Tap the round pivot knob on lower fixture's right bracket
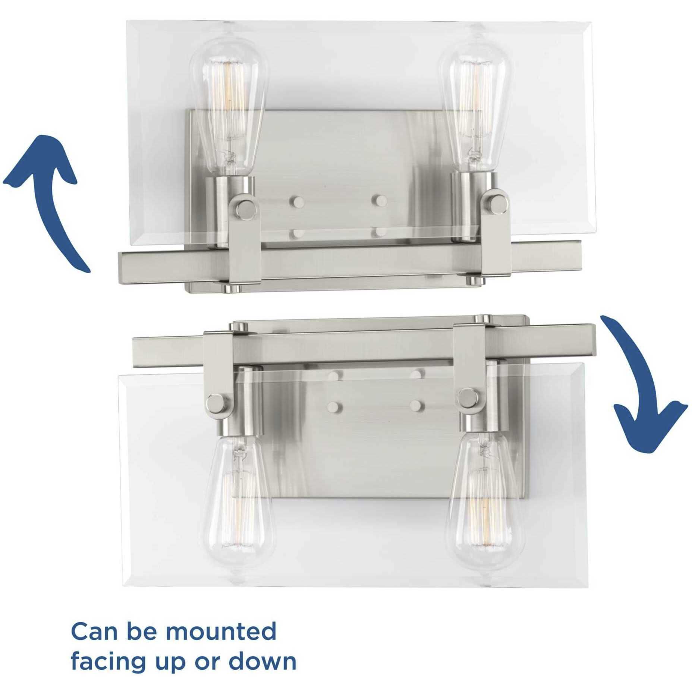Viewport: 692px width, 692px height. pos(467,396)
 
